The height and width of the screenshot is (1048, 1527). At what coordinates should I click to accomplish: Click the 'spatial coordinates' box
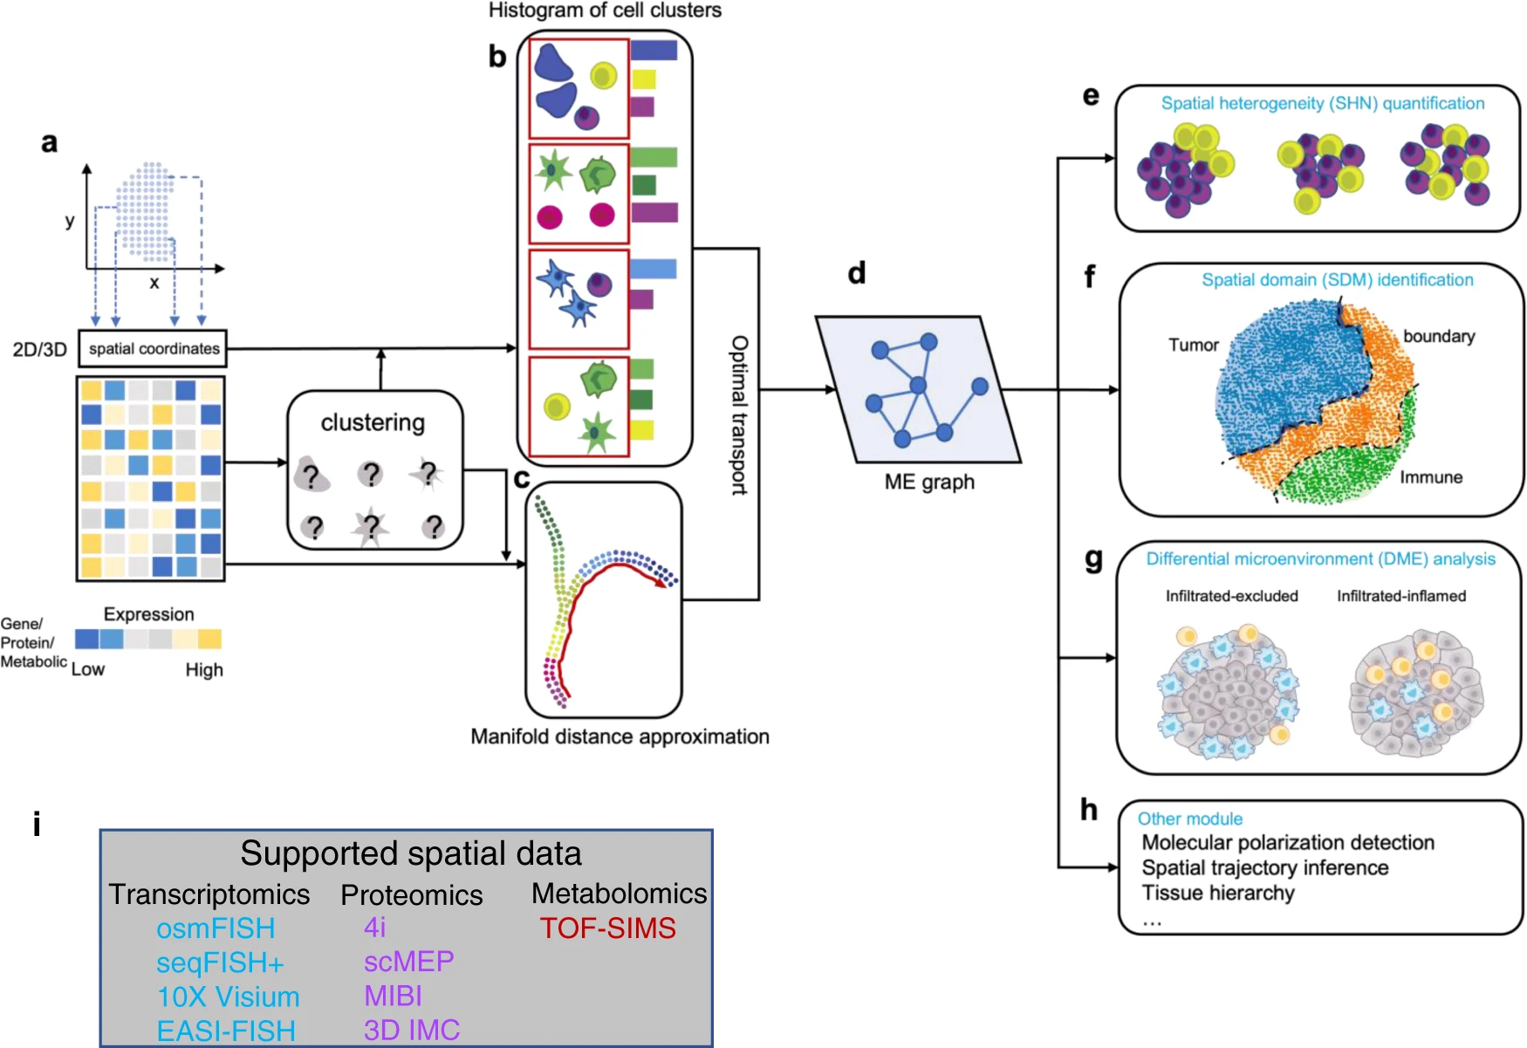(x=153, y=348)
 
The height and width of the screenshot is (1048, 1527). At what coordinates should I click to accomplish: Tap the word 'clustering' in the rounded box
(x=373, y=422)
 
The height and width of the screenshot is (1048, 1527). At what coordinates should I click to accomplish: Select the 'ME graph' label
(x=929, y=482)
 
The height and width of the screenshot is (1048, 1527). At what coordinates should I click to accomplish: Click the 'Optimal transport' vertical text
(x=739, y=415)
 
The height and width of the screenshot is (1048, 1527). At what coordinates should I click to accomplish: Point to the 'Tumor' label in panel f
(x=1193, y=345)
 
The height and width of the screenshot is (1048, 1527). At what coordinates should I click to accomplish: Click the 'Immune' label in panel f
(x=1431, y=477)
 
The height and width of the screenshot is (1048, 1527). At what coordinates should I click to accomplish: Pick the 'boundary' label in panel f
(x=1438, y=336)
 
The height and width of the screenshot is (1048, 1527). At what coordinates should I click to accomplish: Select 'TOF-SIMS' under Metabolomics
(x=607, y=928)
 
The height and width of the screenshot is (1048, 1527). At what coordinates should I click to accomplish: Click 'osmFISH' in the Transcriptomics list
(x=216, y=928)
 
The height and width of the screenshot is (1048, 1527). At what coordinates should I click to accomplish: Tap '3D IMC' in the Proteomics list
(x=411, y=1030)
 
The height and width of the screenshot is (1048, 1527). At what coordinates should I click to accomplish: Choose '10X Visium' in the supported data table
(x=228, y=997)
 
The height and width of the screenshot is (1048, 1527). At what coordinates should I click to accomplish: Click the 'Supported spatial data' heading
(x=410, y=853)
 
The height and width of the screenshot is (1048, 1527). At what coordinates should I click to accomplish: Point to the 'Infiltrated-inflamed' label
(x=1401, y=596)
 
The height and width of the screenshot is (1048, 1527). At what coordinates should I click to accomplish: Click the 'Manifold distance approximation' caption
(x=620, y=736)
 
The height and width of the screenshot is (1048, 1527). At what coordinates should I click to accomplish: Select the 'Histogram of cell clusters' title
(x=605, y=10)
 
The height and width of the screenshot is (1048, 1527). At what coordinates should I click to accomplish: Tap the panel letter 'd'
(x=857, y=273)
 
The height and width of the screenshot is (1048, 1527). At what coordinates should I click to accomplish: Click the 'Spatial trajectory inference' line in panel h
(x=1264, y=867)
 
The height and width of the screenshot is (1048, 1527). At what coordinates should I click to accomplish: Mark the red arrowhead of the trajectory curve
(x=668, y=582)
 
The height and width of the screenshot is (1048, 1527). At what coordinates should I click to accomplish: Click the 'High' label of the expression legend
(x=204, y=669)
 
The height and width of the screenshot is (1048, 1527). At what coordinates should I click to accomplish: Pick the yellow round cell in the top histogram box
(x=603, y=76)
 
